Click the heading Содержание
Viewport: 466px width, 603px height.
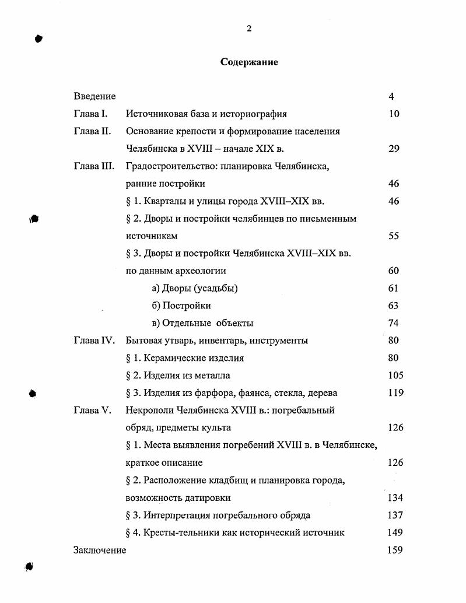[x=249, y=62]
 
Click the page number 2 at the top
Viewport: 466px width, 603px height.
[x=249, y=29]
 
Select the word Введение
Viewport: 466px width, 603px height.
[x=94, y=96]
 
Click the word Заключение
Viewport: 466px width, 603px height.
[x=100, y=550]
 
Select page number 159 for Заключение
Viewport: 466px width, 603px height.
[x=395, y=550]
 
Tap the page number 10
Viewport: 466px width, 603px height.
[x=394, y=114]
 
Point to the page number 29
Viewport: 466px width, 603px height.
[x=394, y=149]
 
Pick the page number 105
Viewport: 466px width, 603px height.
[x=395, y=376]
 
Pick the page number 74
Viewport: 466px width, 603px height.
[x=394, y=323]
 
